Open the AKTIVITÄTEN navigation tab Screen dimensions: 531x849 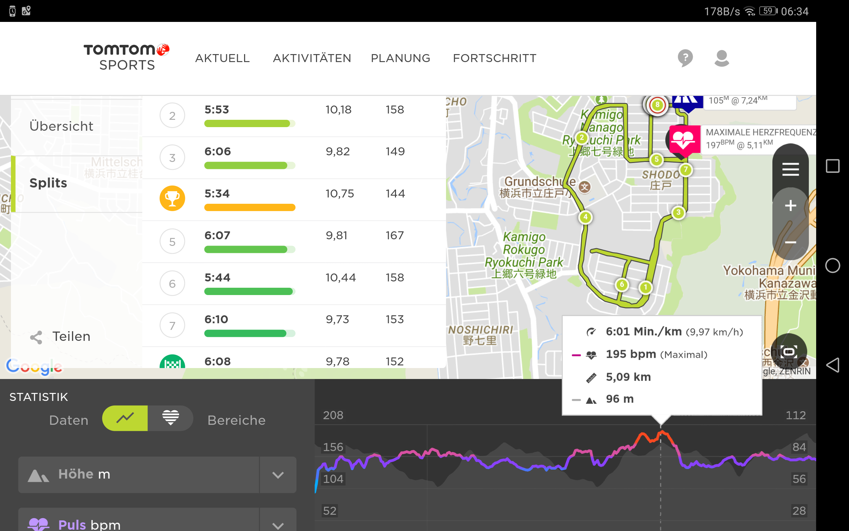click(312, 58)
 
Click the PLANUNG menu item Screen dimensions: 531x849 click(400, 58)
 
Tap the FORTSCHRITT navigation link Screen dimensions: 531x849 click(494, 58)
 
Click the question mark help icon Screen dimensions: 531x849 click(685, 58)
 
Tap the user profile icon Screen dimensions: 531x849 click(721, 58)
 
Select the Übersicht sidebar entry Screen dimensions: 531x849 click(61, 126)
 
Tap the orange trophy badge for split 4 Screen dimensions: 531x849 click(172, 198)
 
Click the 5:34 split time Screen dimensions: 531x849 click(217, 193)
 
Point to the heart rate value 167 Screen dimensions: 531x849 click(395, 235)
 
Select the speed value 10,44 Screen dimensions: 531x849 click(340, 277)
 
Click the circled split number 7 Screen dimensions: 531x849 click(172, 326)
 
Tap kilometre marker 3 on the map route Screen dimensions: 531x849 click(678, 212)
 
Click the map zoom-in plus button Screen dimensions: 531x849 click(790, 206)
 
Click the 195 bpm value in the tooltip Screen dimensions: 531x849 click(631, 354)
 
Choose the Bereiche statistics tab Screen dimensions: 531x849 click(236, 420)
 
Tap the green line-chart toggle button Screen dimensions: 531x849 click(125, 418)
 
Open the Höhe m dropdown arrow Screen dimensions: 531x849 click(278, 475)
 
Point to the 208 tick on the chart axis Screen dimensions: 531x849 click(333, 415)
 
